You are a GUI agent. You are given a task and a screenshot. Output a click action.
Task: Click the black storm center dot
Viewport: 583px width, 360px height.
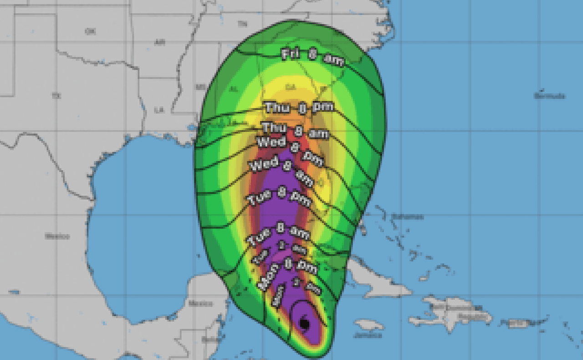click(x=305, y=324)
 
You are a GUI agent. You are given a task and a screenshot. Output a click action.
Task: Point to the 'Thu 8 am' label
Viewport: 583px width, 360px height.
click(x=295, y=129)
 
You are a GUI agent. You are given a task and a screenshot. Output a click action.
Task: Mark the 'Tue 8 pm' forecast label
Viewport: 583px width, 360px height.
click(x=278, y=198)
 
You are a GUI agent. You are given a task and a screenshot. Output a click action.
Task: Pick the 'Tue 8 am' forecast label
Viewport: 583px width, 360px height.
click(x=278, y=233)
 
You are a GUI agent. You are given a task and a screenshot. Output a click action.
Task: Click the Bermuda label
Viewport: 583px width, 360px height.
click(x=549, y=96)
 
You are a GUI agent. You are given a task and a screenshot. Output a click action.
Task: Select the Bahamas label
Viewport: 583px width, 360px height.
click(x=407, y=216)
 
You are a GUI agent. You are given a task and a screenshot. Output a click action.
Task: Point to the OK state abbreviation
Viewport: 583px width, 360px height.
click(x=90, y=31)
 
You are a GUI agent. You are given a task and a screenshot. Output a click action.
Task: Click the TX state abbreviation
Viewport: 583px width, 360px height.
click(x=56, y=96)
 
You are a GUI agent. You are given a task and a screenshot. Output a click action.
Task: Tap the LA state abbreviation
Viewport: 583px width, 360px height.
click(x=159, y=110)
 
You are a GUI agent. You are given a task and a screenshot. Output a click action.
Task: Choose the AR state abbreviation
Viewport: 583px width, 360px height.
click(x=159, y=42)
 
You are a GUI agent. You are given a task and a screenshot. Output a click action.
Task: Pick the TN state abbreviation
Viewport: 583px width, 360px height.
click(x=242, y=24)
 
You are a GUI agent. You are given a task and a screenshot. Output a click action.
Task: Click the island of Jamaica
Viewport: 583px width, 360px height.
click(x=369, y=325)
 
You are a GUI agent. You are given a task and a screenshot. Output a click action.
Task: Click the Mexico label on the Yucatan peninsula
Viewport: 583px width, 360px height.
click(x=200, y=303)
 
